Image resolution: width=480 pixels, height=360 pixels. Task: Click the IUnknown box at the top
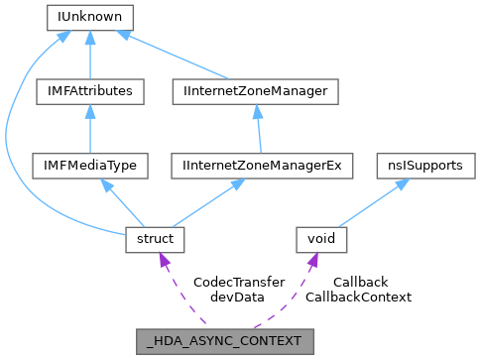click(x=90, y=18)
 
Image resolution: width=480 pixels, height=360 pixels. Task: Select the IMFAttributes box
click(x=90, y=91)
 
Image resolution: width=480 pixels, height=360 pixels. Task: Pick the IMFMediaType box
click(x=90, y=166)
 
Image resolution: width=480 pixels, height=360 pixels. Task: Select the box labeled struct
click(x=150, y=239)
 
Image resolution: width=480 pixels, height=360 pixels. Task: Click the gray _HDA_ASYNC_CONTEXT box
click(x=225, y=341)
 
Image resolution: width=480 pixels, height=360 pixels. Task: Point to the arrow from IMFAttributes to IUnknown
click(x=90, y=55)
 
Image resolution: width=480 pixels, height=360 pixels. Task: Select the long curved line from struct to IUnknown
click(x=12, y=129)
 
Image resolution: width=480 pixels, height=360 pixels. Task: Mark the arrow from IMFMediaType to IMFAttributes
click(x=90, y=129)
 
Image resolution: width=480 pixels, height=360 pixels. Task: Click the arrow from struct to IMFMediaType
click(x=121, y=203)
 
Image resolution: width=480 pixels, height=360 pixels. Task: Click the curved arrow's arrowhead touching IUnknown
click(x=61, y=36)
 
